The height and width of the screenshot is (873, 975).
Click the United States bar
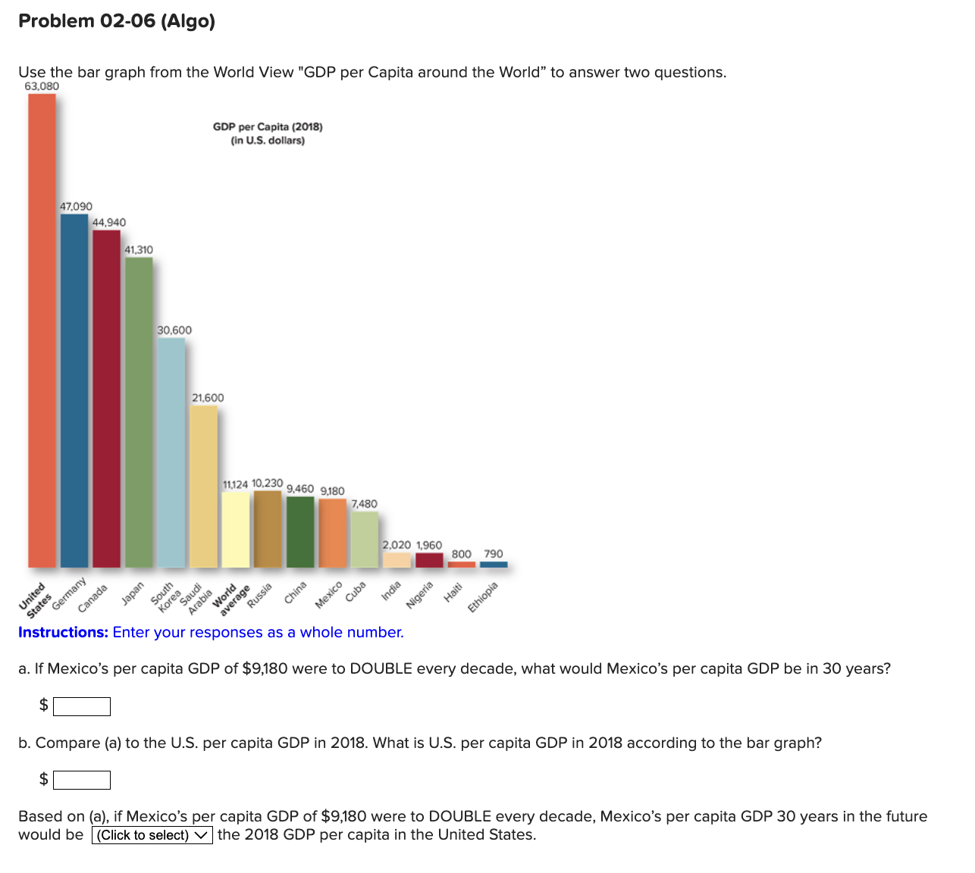[42, 330]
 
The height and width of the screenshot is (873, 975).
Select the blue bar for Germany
[74, 390]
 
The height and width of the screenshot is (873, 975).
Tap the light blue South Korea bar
[171, 452]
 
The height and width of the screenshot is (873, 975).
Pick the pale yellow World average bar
[235, 530]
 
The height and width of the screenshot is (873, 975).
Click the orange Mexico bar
[332, 533]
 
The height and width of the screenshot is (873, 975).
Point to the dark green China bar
[300, 532]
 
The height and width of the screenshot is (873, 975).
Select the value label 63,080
[42, 86]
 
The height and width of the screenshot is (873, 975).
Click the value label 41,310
[139, 250]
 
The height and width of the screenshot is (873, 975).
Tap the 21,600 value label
[208, 398]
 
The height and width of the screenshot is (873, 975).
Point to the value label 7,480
[364, 504]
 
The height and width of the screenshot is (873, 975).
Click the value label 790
[494, 554]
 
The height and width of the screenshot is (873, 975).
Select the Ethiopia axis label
[483, 597]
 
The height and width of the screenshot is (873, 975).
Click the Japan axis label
[133, 592]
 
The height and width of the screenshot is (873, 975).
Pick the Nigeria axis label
[419, 595]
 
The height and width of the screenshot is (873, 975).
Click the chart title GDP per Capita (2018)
[268, 127]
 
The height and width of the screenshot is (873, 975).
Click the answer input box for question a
[82, 706]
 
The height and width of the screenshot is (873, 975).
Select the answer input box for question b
[82, 780]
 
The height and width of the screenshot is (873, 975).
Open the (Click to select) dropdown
[152, 835]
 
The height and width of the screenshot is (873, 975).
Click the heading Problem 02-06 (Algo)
[117, 21]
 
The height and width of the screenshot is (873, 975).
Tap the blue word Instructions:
[63, 633]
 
